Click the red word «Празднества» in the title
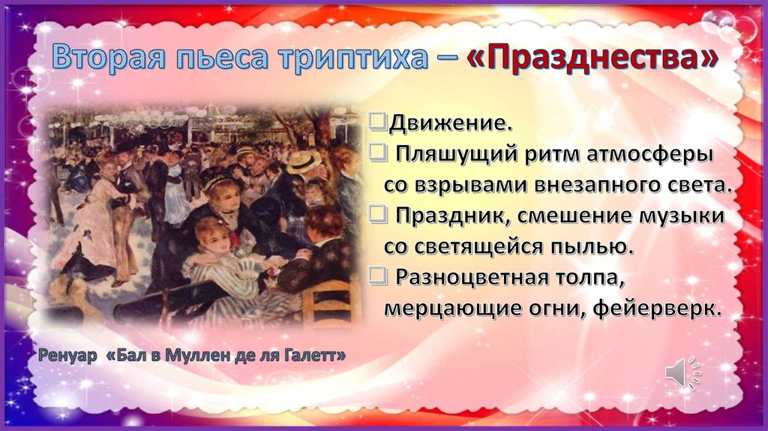point(592,57)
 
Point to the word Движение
point(451,123)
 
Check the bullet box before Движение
point(378,122)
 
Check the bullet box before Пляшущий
point(378,153)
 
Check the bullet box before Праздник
point(378,215)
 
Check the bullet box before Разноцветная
point(378,276)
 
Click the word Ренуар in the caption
point(67,355)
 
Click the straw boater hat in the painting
point(304,161)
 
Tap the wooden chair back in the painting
point(330,300)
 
